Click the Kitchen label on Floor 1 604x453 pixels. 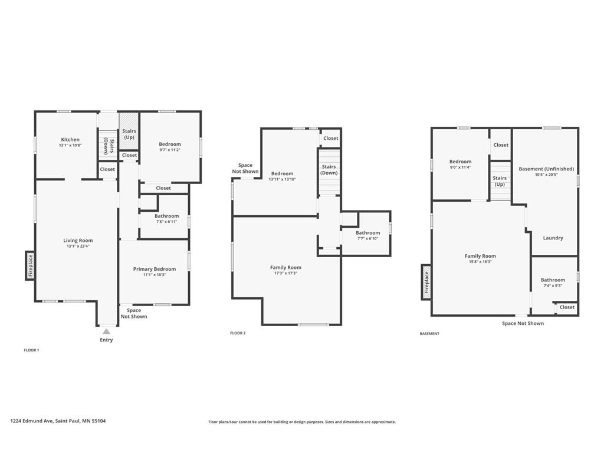70,139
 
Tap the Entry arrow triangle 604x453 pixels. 106,331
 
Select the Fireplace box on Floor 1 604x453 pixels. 31,265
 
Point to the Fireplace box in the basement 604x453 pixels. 426,282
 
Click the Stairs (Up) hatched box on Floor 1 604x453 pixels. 129,131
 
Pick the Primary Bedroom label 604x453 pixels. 155,269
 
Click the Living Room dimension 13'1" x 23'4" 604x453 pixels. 78,246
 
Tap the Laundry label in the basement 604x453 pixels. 553,238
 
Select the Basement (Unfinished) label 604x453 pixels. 546,169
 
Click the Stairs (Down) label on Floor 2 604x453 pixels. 329,170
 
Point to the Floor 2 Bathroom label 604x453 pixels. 367,232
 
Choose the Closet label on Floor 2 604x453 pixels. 330,138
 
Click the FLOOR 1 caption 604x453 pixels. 32,350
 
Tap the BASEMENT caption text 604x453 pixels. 429,334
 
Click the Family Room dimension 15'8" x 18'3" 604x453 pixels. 480,261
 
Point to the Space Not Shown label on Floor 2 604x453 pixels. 245,168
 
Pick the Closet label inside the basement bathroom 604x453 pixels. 567,307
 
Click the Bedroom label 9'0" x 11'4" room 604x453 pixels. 460,162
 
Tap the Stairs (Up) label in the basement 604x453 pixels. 500,181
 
